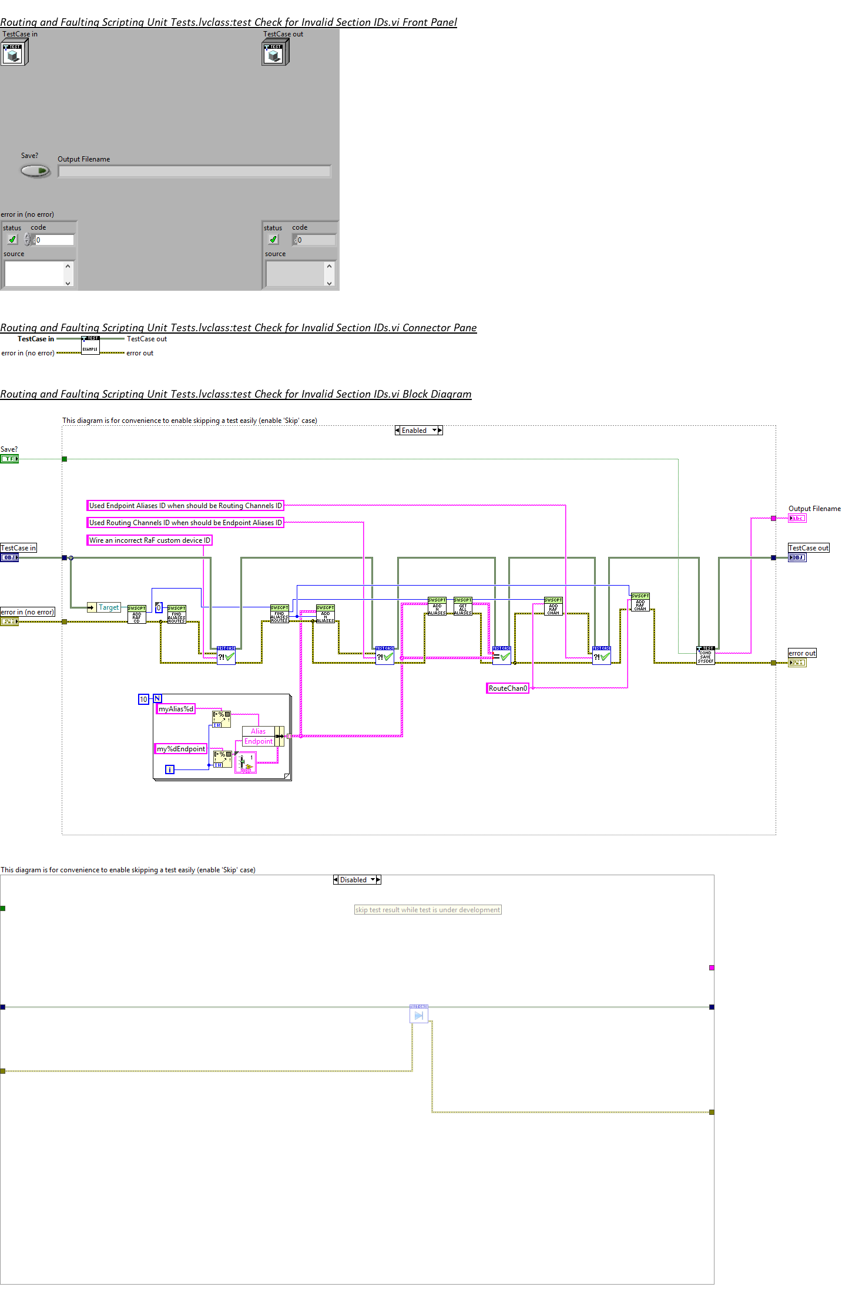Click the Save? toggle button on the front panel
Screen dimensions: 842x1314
[x=35, y=171]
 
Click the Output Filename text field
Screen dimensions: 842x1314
[x=194, y=172]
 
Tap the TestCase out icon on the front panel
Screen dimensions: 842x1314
[x=274, y=53]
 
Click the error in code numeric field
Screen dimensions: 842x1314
[x=54, y=240]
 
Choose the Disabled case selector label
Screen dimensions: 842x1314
[x=354, y=880]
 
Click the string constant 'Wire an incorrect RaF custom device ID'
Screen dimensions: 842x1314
[x=149, y=540]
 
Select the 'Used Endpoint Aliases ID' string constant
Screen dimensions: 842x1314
[x=185, y=506]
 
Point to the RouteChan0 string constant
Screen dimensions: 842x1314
[x=508, y=688]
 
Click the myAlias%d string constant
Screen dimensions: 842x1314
[x=176, y=709]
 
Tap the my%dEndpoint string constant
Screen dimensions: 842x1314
[x=181, y=749]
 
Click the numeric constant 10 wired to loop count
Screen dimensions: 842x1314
[x=143, y=699]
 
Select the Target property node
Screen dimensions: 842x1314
[x=104, y=607]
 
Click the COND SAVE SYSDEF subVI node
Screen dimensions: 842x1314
[x=705, y=656]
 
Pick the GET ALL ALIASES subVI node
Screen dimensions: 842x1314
[x=462, y=607]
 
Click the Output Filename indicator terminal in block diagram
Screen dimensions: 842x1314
[x=797, y=518]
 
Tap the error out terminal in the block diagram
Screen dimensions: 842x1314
[x=797, y=663]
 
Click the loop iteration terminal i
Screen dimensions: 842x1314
[x=170, y=769]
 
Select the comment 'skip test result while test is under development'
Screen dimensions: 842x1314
[x=428, y=910]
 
